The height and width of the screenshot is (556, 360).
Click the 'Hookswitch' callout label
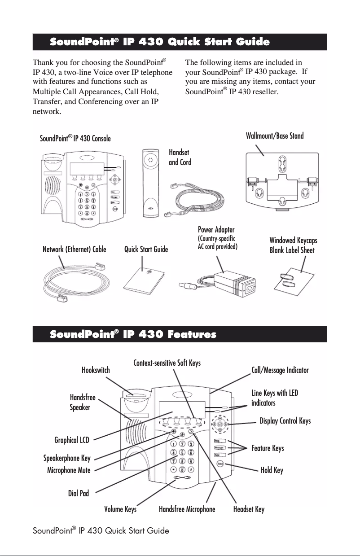[96, 370]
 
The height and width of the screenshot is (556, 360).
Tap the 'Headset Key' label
[249, 509]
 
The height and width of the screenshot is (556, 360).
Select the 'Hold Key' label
[272, 470]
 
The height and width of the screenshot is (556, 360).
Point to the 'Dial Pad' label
[79, 494]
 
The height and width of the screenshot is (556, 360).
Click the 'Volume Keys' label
[120, 509]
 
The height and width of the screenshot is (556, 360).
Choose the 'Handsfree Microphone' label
[187, 509]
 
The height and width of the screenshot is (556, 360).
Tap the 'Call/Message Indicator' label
[280, 370]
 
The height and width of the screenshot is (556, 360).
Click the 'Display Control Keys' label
[285, 420]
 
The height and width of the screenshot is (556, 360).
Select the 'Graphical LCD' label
[72, 440]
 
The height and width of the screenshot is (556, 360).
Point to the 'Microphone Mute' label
[69, 470]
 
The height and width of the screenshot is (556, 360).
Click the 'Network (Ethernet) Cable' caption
[74, 250]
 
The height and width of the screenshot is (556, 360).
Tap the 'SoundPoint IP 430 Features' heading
[133, 334]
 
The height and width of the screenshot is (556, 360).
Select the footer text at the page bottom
[101, 531]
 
